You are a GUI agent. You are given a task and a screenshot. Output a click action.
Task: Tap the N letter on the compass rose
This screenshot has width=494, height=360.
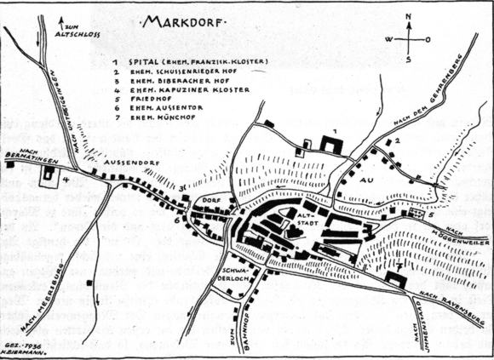[x=408, y=17]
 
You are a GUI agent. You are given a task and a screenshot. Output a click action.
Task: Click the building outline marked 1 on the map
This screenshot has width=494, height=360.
[x=331, y=144]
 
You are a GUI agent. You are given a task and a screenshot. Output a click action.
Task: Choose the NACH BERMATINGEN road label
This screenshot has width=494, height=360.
[x=25, y=156]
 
